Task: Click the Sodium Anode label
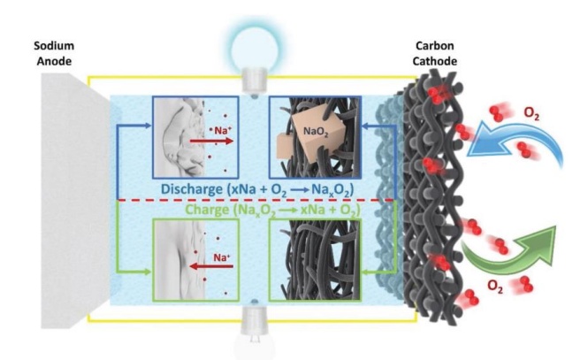point(53,52)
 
